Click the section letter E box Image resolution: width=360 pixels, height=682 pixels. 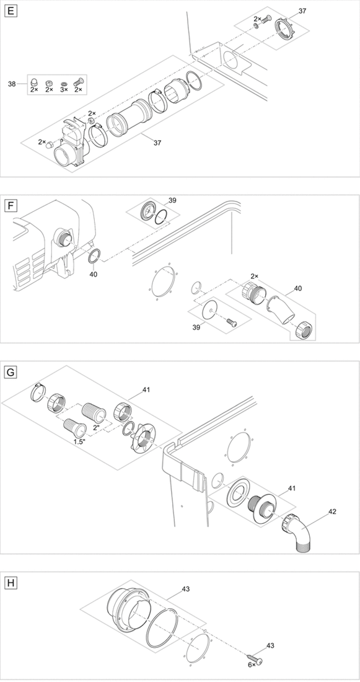10,11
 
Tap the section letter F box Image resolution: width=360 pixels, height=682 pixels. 10,205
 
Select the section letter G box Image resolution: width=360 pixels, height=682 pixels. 10,372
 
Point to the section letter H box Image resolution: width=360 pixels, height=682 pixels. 10,583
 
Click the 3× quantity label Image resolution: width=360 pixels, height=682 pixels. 63,90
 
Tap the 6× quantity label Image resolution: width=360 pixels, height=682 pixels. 252,666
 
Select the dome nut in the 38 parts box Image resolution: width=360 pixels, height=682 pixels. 33,82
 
